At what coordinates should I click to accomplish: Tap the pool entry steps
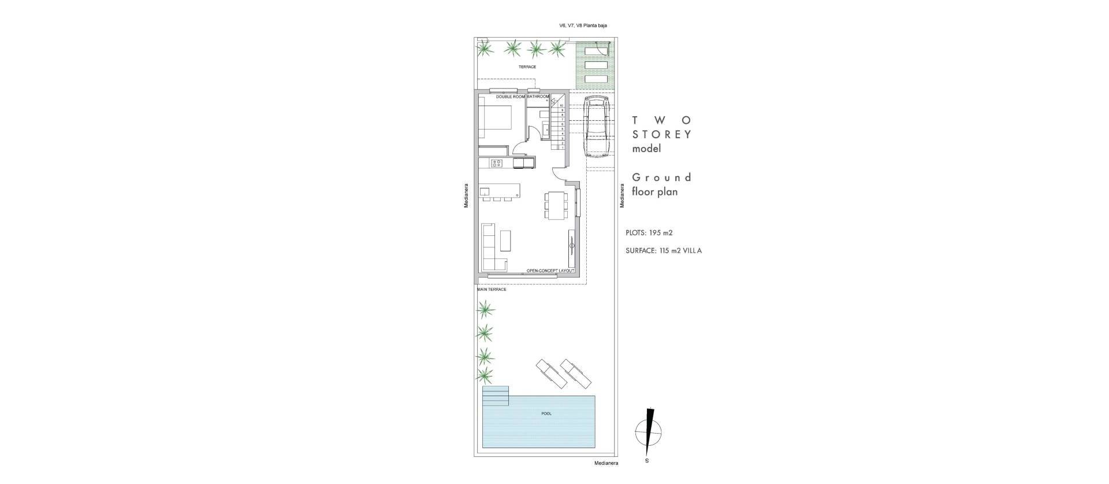[x=496, y=396]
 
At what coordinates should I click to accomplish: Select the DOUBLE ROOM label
[x=511, y=97]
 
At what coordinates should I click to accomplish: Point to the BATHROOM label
[x=538, y=97]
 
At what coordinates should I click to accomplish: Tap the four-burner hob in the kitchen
[x=92, y=164]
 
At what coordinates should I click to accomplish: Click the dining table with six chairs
[x=555, y=205]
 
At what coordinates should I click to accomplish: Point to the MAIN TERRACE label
[x=492, y=289]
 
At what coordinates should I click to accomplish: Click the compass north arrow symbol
[x=649, y=431]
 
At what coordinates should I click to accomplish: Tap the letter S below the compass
[x=647, y=461]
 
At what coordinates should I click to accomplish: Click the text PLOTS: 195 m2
[x=649, y=233]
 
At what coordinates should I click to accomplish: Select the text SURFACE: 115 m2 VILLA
[x=664, y=251]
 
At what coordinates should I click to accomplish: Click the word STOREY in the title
[x=662, y=135]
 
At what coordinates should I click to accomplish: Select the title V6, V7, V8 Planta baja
[x=583, y=25]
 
